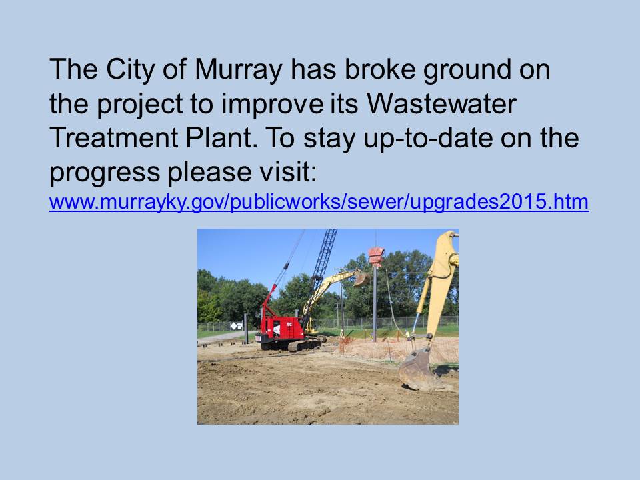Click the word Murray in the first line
[x=239, y=70]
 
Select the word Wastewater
[x=441, y=104]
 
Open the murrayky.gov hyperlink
[x=319, y=203]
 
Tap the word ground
[x=467, y=70]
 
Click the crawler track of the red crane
[x=304, y=345]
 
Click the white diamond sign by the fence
[x=234, y=326]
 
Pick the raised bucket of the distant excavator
[x=361, y=277]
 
